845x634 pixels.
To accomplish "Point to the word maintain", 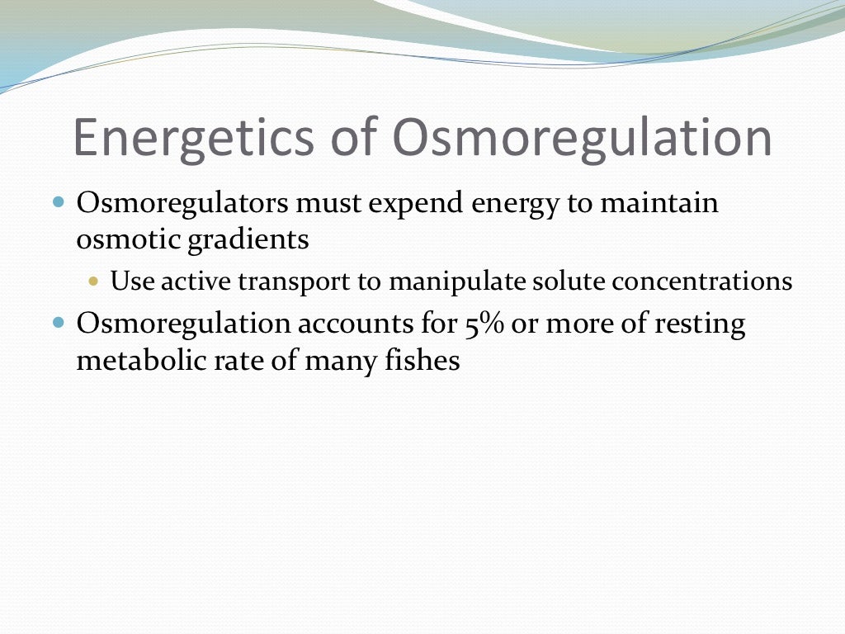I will tap(659, 203).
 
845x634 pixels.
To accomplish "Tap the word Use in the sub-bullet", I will tap(132, 282).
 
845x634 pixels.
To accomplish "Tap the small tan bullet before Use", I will tap(93, 282).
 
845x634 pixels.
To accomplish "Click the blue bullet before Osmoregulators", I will tap(59, 201).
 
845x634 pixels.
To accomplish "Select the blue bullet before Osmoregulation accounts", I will tap(59, 322).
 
